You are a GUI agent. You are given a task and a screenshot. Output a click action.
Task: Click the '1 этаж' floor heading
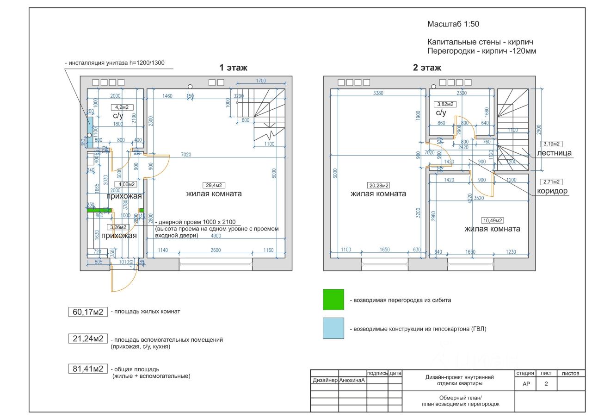tap(233, 68)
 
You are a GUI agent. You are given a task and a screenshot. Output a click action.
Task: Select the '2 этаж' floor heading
tap(427, 68)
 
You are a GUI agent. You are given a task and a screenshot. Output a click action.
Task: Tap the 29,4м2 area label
tap(214, 185)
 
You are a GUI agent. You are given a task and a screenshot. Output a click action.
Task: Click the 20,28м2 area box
tap(378, 185)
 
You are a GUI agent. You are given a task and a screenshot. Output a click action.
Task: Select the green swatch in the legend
tap(333, 300)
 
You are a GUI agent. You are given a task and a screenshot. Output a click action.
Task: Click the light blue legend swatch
tap(333, 328)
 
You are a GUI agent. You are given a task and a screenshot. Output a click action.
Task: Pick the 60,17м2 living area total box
tap(87, 312)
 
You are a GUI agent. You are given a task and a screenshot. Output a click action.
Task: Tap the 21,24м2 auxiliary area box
tap(87, 339)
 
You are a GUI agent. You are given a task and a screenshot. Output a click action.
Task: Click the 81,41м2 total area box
tap(87, 369)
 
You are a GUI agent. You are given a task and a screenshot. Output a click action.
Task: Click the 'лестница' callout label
tap(554, 153)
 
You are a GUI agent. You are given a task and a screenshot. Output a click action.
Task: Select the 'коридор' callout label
tap(552, 191)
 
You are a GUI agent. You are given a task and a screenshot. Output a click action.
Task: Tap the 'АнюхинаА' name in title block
tap(352, 381)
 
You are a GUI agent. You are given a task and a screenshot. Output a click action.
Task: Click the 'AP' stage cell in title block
tap(526, 383)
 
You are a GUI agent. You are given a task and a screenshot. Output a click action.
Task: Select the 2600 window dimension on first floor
tap(215, 250)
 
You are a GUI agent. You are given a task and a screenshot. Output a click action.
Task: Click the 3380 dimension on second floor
tap(378, 93)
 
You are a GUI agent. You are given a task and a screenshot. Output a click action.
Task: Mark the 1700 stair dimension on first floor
tap(261, 81)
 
